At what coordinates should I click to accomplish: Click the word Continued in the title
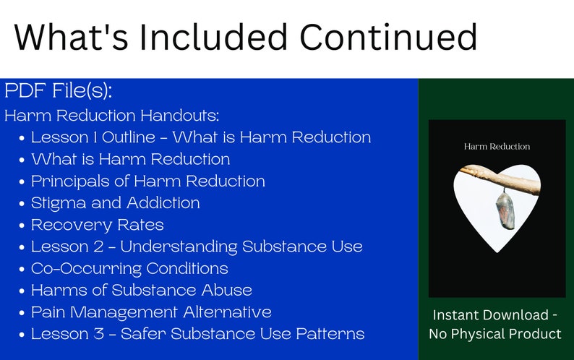(385, 36)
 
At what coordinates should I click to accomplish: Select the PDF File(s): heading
(59, 92)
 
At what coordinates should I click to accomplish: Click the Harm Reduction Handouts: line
(111, 116)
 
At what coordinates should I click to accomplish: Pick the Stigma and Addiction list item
(115, 203)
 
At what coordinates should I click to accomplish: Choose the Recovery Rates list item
(97, 225)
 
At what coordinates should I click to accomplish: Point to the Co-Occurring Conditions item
(129, 268)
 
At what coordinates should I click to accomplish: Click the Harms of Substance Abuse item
(141, 290)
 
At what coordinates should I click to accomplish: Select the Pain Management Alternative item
(151, 312)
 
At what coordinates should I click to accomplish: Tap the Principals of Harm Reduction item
(147, 181)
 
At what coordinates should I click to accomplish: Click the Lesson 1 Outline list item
(200, 137)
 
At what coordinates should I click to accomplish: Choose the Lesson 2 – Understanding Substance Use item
(196, 247)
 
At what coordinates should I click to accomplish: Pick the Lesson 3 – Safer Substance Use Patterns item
(197, 334)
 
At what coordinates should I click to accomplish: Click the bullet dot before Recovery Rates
(23, 226)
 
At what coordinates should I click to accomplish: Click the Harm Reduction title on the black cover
(497, 146)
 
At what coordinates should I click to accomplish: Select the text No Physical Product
(495, 334)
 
